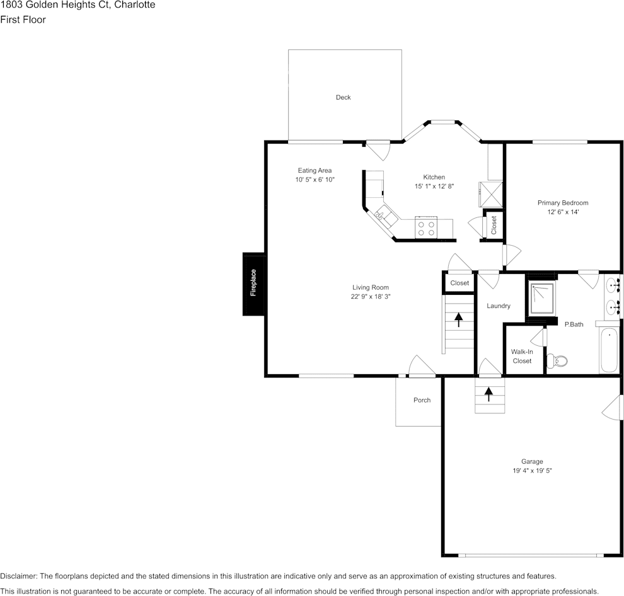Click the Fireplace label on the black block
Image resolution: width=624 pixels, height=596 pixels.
pyautogui.click(x=253, y=284)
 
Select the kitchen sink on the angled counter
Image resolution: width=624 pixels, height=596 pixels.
pyautogui.click(x=383, y=216)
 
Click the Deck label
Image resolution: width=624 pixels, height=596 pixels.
pyautogui.click(x=343, y=97)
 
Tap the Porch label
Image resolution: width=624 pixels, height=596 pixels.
pyautogui.click(x=422, y=400)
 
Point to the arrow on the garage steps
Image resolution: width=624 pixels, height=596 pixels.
pyautogui.click(x=488, y=394)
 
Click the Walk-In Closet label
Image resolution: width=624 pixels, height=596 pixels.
pyautogui.click(x=522, y=356)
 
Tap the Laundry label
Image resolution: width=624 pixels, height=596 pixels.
pyautogui.click(x=499, y=306)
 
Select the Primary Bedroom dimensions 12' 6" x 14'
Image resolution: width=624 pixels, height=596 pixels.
pyautogui.click(x=563, y=212)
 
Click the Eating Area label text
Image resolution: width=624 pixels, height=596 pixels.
pyautogui.click(x=315, y=170)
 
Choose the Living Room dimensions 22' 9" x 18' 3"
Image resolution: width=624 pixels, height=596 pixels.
pyautogui.click(x=371, y=297)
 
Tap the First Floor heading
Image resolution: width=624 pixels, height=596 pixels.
pyautogui.click(x=23, y=20)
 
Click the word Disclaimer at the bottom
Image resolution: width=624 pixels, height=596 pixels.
pyautogui.click(x=18, y=576)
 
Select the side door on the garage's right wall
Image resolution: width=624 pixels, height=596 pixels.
pyautogui.click(x=611, y=408)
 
